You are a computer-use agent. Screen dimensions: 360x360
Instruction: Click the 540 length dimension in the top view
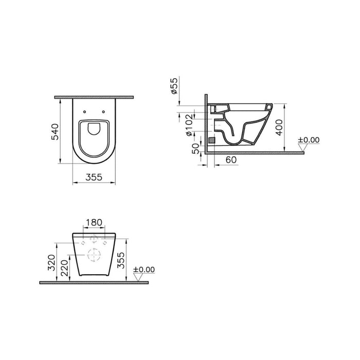(x=58, y=131)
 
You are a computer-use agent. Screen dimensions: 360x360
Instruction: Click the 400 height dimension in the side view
(x=278, y=125)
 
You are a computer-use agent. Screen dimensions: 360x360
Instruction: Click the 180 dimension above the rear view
(x=93, y=223)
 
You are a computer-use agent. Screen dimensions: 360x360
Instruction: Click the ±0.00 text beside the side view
(x=309, y=139)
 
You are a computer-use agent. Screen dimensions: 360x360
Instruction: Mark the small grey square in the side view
(x=210, y=139)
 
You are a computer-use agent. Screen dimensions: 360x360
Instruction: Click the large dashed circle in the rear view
(x=93, y=255)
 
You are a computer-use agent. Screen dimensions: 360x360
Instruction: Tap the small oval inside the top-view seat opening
(x=93, y=129)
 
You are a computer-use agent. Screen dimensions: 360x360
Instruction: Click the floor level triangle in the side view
(x=303, y=149)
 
